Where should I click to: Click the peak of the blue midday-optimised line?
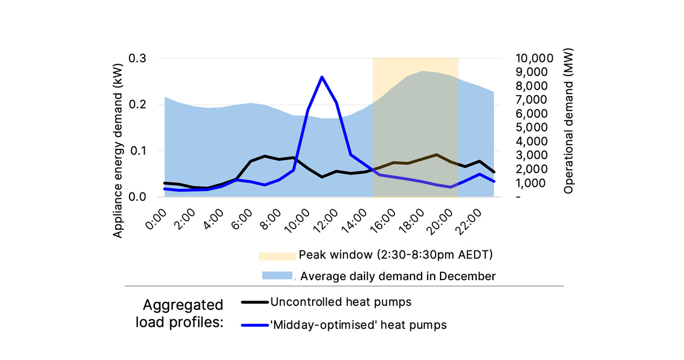[x=322, y=77]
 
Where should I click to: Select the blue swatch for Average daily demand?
[x=277, y=276]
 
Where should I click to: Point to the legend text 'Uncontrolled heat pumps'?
[x=341, y=302]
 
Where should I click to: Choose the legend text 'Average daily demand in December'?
[x=398, y=276]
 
